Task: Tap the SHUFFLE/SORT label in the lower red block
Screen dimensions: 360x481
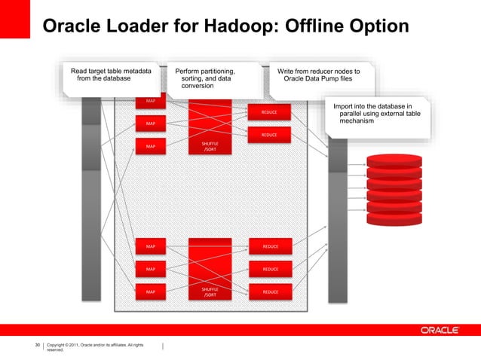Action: coord(210,291)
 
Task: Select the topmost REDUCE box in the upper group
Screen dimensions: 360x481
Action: coord(269,112)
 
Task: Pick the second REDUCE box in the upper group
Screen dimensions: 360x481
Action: coord(269,135)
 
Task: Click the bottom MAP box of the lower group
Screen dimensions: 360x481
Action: coord(151,291)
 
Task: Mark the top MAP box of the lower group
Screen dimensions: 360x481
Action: coord(151,246)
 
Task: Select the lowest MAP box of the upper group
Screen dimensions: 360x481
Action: coord(151,146)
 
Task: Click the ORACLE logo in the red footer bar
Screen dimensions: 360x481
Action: coord(445,330)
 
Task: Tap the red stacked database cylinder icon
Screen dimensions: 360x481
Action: coord(394,185)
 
